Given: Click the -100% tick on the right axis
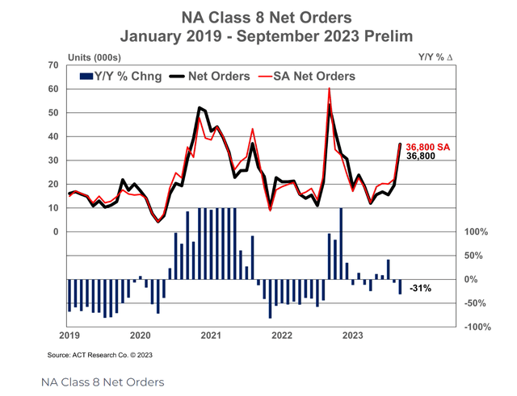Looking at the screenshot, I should [478, 327].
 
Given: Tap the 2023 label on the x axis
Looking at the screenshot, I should [352, 334].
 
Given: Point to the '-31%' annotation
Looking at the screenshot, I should [420, 289].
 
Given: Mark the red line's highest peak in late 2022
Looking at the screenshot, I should [329, 89].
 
